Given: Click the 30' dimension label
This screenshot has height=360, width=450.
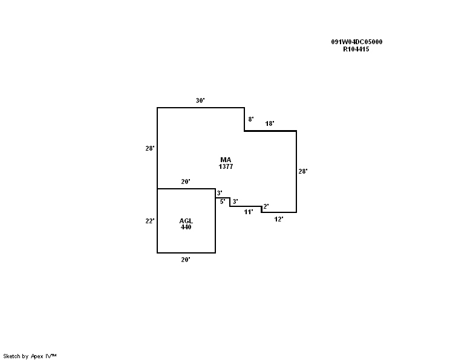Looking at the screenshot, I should point(200,100).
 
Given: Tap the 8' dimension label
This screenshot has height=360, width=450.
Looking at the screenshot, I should point(250,120).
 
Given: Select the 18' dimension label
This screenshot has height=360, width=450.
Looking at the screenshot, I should point(270,124).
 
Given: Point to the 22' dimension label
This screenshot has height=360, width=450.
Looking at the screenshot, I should point(150,221).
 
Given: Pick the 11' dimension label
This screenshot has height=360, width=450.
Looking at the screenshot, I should point(248,212).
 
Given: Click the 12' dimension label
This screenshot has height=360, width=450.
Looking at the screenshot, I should point(279,219).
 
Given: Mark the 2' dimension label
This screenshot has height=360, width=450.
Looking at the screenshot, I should point(266,206).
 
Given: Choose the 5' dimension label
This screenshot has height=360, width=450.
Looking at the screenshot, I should point(223,201).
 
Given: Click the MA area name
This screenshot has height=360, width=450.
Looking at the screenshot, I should point(226,160).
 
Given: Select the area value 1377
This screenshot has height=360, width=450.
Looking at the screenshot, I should point(226,166).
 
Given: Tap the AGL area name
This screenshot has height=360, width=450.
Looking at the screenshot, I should point(186,221).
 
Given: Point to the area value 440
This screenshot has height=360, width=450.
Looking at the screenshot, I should point(186,227).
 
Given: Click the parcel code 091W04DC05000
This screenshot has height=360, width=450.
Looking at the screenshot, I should point(356,42).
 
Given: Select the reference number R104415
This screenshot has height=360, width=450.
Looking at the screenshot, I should point(356,49).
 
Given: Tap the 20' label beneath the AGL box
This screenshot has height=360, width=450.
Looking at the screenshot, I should point(186,260).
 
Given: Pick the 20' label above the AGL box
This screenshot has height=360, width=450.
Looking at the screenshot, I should point(186,182).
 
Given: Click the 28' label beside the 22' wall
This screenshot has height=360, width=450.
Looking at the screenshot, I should point(150,148).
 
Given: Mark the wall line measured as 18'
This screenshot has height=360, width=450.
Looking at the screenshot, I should point(270,131).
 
